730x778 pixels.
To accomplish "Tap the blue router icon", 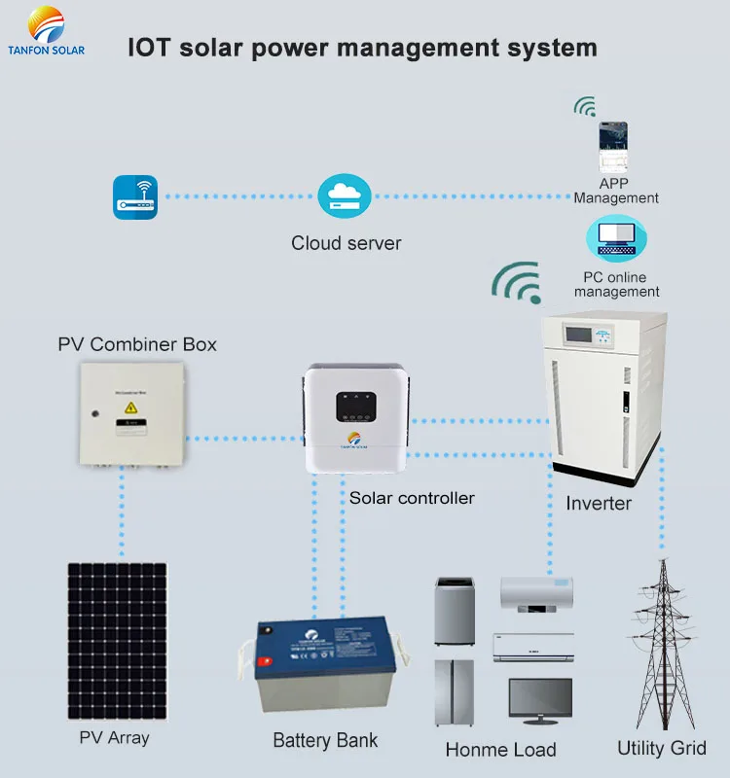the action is (x=134, y=196).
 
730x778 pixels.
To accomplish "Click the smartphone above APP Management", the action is (x=613, y=147).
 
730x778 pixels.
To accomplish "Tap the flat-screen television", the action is (x=540, y=701).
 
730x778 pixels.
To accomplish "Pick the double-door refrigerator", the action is (x=454, y=692).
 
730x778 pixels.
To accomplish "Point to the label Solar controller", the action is (x=412, y=498).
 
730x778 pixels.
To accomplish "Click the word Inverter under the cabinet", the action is (x=599, y=504).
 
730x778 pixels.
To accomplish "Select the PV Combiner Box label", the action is (x=137, y=344).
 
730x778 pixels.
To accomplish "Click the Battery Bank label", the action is (x=325, y=740).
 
